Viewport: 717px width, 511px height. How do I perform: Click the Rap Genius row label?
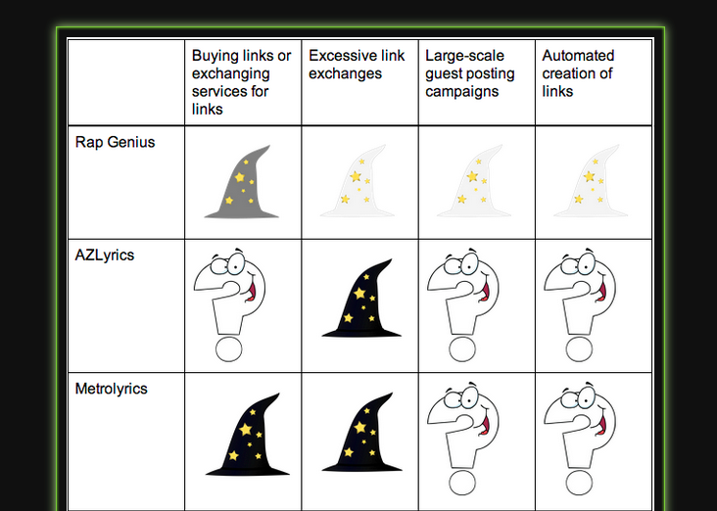point(115,142)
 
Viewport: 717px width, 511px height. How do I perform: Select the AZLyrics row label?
point(104,255)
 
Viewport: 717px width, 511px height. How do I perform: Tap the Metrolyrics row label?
point(111,389)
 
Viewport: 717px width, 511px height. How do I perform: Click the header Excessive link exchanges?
point(357,65)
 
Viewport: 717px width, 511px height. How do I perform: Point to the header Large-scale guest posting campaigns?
point(469,73)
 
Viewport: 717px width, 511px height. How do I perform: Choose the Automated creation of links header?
point(578,73)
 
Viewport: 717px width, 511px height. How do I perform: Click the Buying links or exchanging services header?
point(241,82)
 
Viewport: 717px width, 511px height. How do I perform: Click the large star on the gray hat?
point(240,177)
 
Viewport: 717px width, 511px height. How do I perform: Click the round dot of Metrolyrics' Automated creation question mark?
point(579,483)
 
